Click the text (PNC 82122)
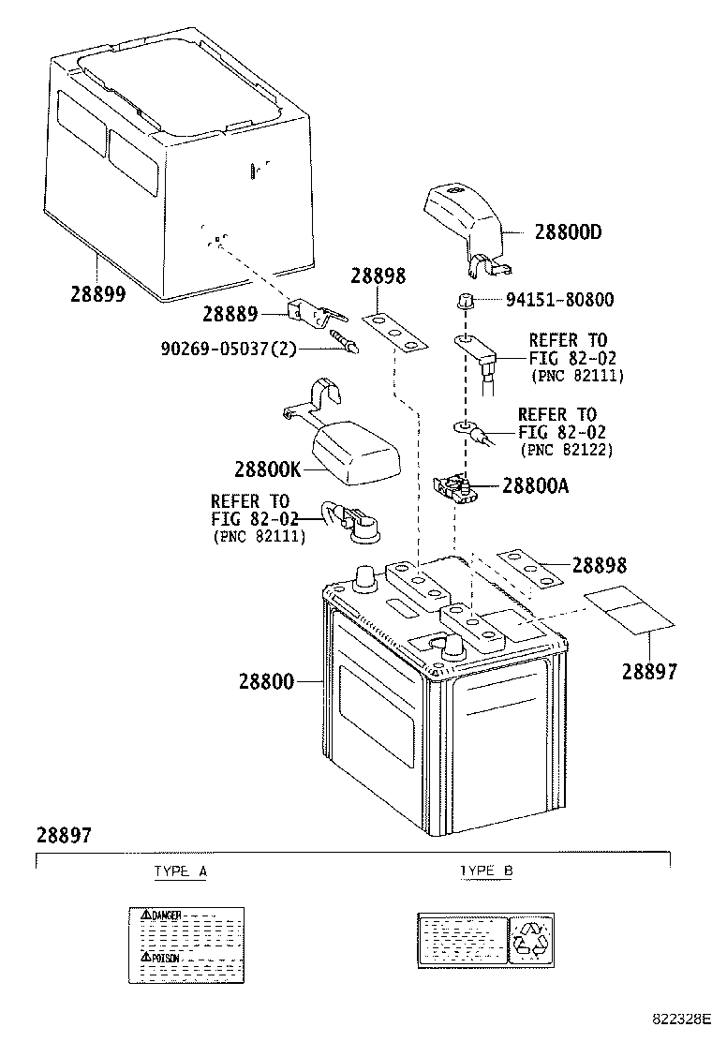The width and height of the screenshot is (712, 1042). [565, 450]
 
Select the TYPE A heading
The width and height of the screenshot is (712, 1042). [180, 871]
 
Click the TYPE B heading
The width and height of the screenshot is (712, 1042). [485, 871]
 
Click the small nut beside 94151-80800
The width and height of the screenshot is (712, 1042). [463, 301]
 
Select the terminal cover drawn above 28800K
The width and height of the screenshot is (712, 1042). [352, 450]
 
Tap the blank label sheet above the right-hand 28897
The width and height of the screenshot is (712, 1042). [630, 610]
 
